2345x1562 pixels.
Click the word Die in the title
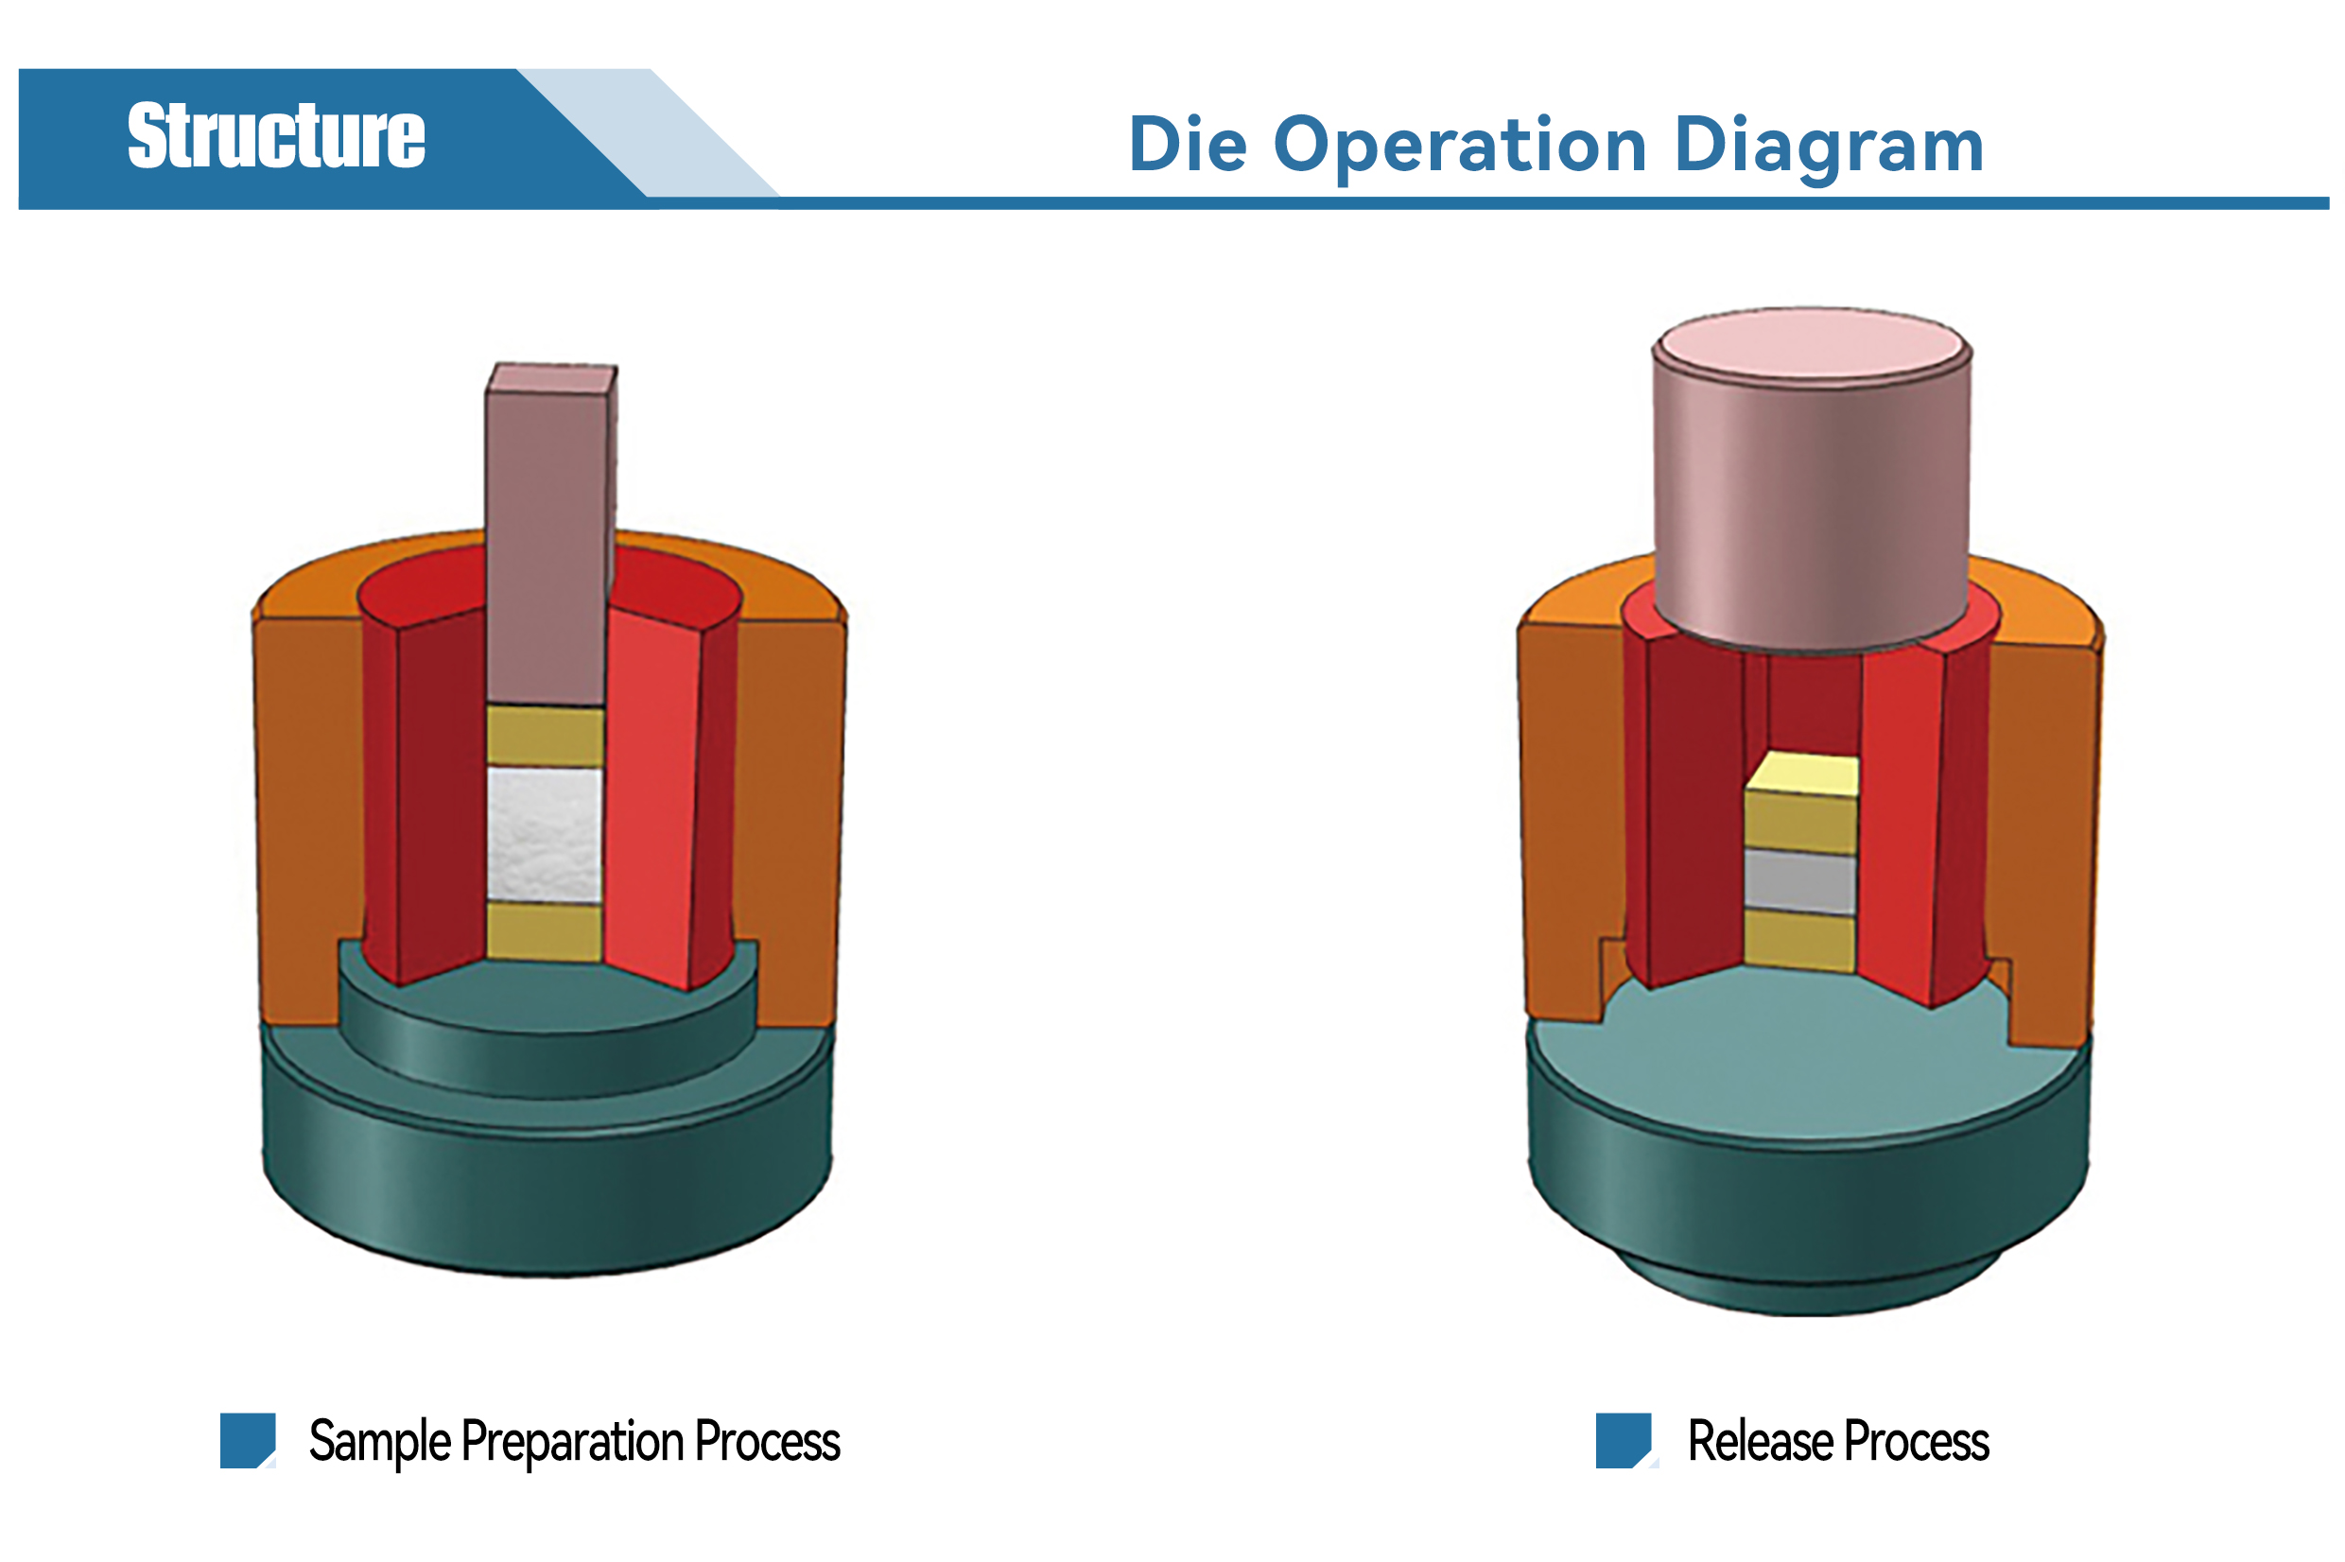click(1188, 145)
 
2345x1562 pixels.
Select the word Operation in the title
click(1460, 148)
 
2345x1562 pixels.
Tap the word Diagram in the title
click(1829, 148)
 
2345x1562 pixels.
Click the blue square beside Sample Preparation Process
click(247, 1440)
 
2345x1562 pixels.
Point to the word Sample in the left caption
click(380, 1442)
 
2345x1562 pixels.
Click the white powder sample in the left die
click(545, 835)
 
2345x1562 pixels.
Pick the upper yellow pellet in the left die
click(545, 737)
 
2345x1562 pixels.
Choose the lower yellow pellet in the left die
click(545, 931)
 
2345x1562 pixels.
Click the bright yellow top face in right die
click(1803, 775)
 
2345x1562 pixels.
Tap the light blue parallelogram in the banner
click(649, 132)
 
